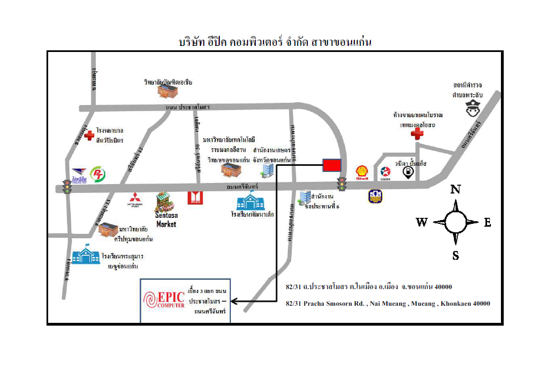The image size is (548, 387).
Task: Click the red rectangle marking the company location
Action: [332, 165]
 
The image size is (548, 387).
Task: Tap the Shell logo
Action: [362, 173]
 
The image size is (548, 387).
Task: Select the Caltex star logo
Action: [386, 172]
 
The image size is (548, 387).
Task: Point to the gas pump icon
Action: [408, 173]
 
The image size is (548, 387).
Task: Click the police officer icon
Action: [472, 111]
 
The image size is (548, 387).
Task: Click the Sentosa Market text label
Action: [166, 219]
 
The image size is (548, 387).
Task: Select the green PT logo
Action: [98, 173]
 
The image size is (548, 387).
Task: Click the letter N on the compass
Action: [456, 190]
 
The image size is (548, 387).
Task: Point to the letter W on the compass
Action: [422, 222]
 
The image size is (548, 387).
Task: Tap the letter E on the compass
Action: [487, 222]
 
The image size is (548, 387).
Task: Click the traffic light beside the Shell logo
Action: [342, 184]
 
